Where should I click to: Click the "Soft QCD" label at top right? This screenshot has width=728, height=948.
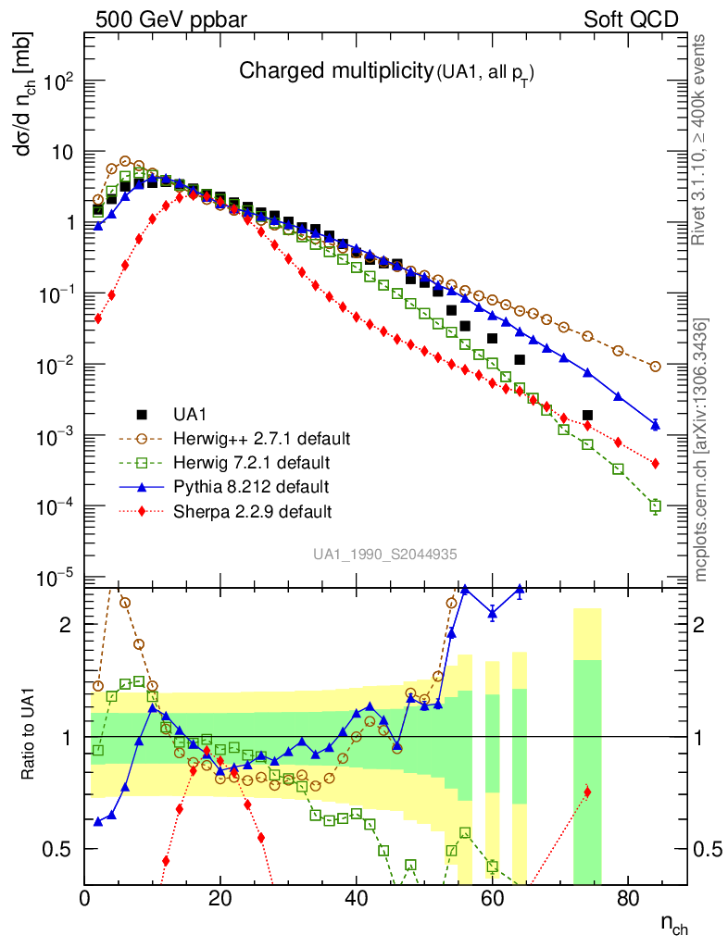631,19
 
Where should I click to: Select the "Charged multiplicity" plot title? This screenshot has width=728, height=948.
335,71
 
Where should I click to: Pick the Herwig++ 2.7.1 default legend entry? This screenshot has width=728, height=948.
246,438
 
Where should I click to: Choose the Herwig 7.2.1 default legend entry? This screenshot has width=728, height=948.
240,462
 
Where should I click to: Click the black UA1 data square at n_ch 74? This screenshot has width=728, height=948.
587,416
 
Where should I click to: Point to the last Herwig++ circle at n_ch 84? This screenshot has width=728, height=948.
656,367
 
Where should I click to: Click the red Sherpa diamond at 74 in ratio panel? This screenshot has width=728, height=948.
587,792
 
